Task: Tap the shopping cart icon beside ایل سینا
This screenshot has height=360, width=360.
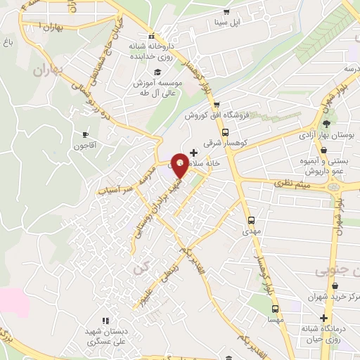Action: [226, 11]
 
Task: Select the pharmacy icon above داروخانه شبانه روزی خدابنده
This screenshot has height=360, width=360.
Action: [151, 37]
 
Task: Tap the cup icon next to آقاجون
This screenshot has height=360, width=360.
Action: [86, 134]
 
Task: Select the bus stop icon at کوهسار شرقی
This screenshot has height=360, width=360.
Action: [225, 132]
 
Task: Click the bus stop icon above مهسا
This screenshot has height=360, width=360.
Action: [274, 307]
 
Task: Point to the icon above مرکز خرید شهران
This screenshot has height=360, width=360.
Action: [334, 286]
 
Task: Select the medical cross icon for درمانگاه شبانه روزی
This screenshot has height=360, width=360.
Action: [324, 318]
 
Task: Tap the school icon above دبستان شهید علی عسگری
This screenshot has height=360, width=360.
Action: [105, 321]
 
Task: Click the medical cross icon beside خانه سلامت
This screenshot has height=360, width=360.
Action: [194, 152]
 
